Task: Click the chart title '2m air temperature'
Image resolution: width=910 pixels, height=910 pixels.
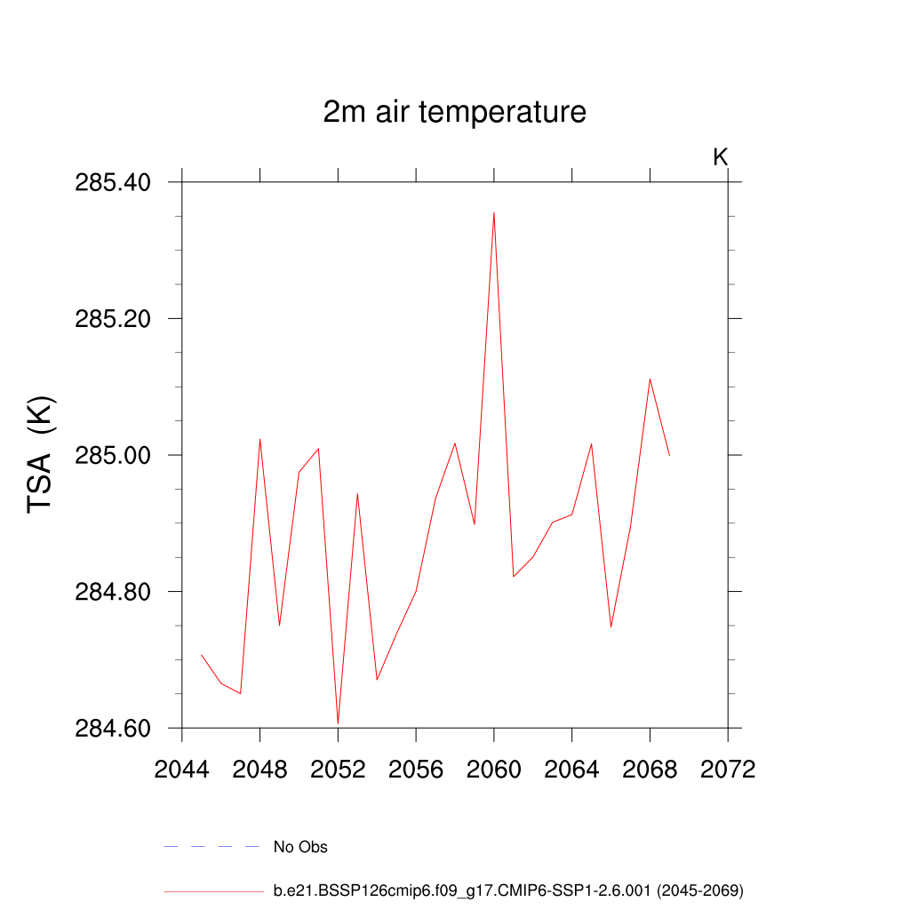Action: (x=454, y=113)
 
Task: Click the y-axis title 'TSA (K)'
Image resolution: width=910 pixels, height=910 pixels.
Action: (x=42, y=454)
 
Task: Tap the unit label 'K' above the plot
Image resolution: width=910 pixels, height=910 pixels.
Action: (x=721, y=157)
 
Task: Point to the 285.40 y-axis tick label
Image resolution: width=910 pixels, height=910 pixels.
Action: (x=113, y=182)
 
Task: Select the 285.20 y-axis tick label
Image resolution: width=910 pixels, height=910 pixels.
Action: (x=113, y=318)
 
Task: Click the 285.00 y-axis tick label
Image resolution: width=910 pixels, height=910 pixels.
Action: (x=113, y=455)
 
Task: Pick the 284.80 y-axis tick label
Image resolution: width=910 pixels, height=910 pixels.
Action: (x=113, y=592)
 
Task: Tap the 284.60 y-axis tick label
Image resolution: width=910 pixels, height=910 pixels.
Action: (x=113, y=728)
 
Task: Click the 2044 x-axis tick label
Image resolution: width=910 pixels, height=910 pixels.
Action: (x=182, y=769)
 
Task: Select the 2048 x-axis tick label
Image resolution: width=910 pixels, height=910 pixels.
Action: (x=259, y=769)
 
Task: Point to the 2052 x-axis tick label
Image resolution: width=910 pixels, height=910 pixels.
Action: (x=338, y=769)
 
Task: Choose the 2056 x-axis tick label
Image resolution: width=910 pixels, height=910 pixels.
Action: (x=416, y=769)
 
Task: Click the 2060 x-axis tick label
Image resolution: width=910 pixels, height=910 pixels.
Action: (x=493, y=769)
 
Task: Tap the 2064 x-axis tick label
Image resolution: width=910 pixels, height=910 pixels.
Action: (x=571, y=769)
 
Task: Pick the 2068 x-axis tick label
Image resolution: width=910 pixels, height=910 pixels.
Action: (x=650, y=769)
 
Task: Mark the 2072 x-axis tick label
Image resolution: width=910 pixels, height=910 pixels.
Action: (x=728, y=769)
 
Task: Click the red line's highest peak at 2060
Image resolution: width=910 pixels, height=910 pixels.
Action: (x=493, y=213)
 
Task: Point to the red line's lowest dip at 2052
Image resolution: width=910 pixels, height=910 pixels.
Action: (x=338, y=723)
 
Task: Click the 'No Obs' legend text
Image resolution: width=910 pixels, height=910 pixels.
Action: (x=300, y=847)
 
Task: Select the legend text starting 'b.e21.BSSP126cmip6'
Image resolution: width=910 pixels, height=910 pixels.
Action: (x=508, y=890)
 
